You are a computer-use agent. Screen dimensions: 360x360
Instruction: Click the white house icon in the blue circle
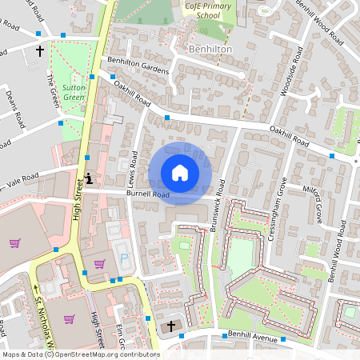(x=180, y=173)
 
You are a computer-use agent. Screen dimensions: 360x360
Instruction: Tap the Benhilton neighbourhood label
(x=210, y=49)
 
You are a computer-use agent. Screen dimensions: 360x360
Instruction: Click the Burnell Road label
(x=148, y=194)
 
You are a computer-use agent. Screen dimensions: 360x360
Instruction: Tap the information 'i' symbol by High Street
(x=89, y=178)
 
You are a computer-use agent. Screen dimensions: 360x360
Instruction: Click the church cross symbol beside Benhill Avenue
(x=169, y=327)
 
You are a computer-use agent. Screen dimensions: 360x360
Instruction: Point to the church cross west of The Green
(x=40, y=51)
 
